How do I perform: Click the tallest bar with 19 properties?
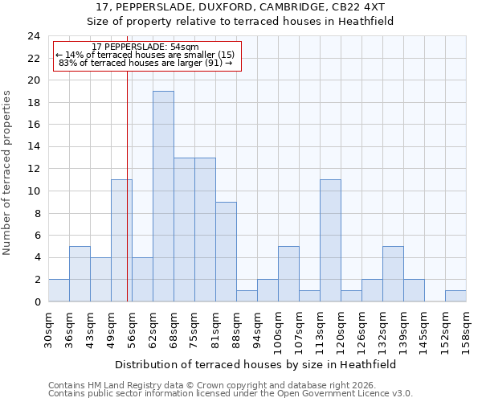(163, 196)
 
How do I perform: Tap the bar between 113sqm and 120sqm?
(330, 240)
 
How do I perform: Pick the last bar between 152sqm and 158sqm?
(455, 296)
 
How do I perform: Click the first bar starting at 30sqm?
(59, 290)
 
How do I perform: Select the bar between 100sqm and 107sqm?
(288, 273)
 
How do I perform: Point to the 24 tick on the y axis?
(33, 36)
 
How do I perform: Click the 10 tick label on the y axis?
(33, 191)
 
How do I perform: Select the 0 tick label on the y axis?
(36, 301)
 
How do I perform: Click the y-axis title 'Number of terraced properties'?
(7, 172)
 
